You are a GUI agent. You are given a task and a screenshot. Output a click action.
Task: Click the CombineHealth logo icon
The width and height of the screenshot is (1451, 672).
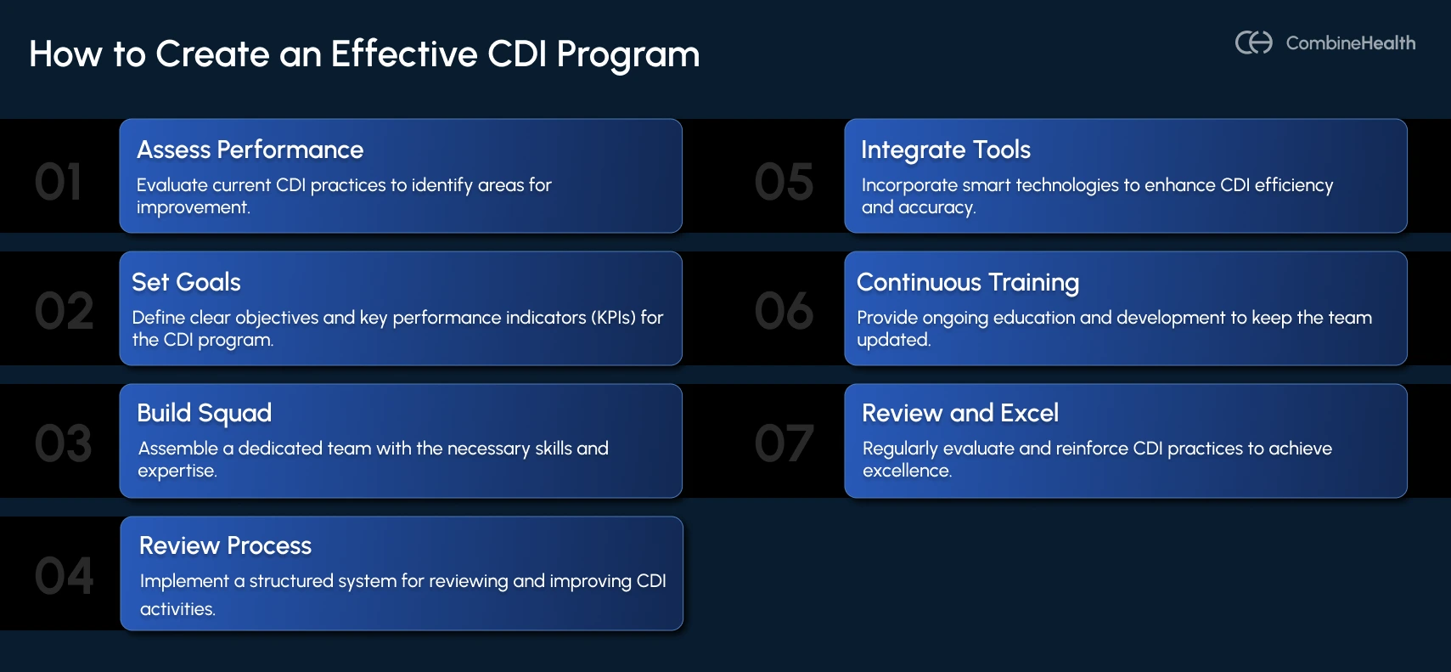(x=1253, y=42)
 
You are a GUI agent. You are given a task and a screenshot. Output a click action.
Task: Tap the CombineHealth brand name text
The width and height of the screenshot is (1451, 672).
(x=1350, y=43)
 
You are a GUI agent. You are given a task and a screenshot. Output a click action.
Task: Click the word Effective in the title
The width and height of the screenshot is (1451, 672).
(x=403, y=54)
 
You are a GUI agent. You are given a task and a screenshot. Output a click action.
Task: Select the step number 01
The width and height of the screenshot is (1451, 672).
(x=59, y=182)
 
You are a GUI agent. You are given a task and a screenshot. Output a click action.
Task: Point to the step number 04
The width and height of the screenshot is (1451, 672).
(x=64, y=576)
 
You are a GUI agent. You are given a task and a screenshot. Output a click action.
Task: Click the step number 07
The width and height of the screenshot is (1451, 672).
(x=784, y=443)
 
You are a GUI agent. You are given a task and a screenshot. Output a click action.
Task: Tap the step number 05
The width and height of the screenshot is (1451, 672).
(x=784, y=182)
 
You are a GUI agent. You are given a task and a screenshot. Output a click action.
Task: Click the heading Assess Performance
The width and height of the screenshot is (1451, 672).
(x=250, y=150)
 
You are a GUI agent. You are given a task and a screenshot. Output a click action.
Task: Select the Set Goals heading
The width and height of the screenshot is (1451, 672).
(x=186, y=282)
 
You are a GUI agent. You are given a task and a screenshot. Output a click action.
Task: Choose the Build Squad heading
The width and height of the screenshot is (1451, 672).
(x=204, y=413)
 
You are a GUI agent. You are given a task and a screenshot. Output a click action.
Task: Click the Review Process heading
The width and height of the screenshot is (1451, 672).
(x=225, y=545)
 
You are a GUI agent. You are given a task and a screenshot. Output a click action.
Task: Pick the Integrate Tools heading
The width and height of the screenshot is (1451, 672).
(x=945, y=150)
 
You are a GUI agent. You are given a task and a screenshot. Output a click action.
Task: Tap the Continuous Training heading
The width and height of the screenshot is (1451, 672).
(x=967, y=282)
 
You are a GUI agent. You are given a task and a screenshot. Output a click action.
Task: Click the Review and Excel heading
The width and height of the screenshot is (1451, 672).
(x=959, y=413)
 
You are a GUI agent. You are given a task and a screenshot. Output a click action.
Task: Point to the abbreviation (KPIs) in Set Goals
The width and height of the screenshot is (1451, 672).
(x=613, y=318)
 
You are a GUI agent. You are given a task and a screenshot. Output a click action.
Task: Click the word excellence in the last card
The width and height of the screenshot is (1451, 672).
(x=906, y=471)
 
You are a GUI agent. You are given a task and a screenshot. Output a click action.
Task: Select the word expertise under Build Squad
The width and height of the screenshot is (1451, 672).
(x=177, y=471)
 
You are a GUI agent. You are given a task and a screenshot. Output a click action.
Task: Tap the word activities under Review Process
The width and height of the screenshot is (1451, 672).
(x=177, y=609)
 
